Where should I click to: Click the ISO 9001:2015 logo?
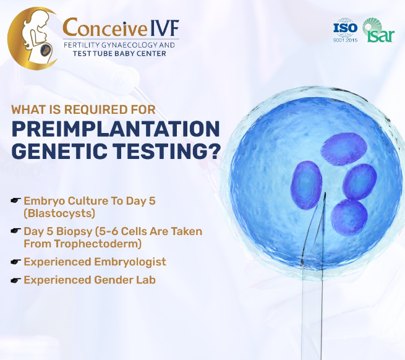[x=346, y=30]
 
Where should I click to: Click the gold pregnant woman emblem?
[x=32, y=38]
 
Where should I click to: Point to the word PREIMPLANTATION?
[x=116, y=129]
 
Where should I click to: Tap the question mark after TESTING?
[x=213, y=150]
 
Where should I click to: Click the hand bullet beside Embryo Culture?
[x=15, y=200]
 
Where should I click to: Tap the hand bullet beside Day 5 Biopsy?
[x=15, y=231]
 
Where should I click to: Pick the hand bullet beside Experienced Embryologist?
[x=15, y=262]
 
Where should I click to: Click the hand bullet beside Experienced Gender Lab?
[x=15, y=280]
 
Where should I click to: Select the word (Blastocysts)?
[x=59, y=213]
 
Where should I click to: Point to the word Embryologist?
[x=130, y=262]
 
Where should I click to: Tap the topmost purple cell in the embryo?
[x=344, y=149]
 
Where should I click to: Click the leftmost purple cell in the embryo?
[x=307, y=185]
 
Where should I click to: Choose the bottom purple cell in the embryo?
[x=349, y=216]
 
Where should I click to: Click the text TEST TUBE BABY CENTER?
[x=119, y=53]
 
